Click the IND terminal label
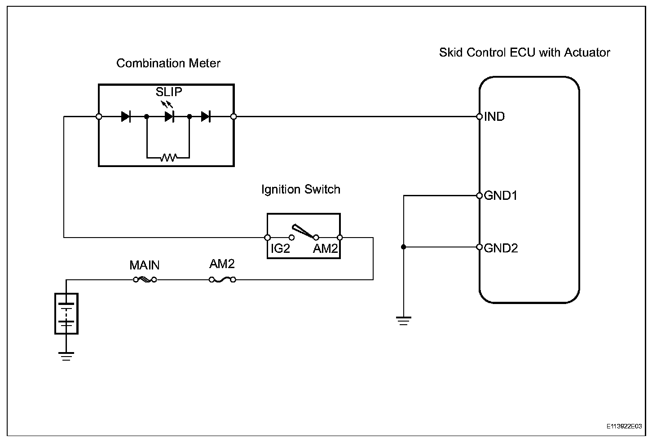[494, 117]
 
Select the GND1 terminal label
[501, 195]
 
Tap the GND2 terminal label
[501, 248]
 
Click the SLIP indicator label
[169, 92]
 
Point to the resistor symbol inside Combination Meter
[168, 157]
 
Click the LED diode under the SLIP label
[169, 117]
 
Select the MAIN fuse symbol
[145, 279]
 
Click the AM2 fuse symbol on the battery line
[222, 279]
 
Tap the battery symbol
[66, 313]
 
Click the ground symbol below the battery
[66, 356]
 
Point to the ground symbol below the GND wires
[403, 321]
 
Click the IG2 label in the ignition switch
[280, 248]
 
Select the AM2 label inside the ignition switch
[325, 248]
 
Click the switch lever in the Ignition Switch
[303, 231]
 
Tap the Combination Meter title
[168, 63]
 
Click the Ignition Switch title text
[301, 190]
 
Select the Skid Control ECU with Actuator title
[524, 52]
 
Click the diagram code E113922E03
[624, 426]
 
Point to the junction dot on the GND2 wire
[403, 247]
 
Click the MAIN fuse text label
[145, 265]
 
